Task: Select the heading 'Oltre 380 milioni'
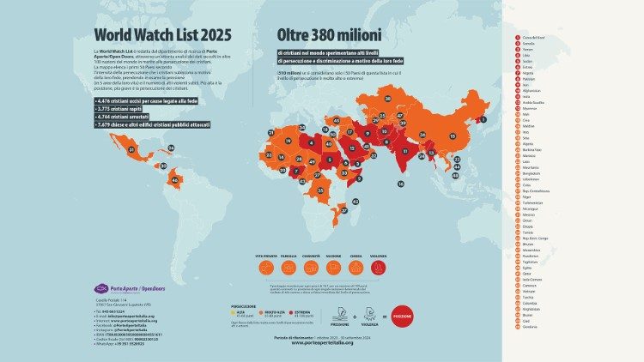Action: tap(330, 35)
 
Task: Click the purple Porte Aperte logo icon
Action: tap(100, 289)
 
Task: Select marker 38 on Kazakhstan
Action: tap(386, 98)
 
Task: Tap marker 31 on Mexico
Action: tap(131, 149)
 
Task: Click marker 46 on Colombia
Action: tap(176, 180)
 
